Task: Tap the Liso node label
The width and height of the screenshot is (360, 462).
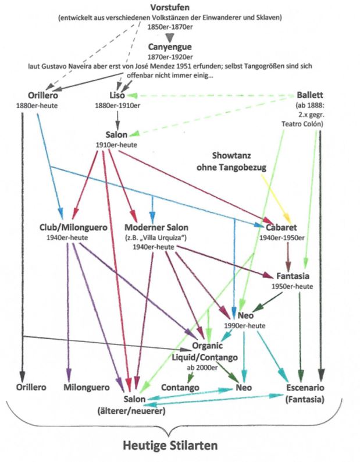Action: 117,94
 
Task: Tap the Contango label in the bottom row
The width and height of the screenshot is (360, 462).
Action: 181,387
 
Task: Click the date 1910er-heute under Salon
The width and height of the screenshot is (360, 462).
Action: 116,144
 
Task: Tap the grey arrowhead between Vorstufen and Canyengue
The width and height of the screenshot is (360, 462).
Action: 170,35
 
